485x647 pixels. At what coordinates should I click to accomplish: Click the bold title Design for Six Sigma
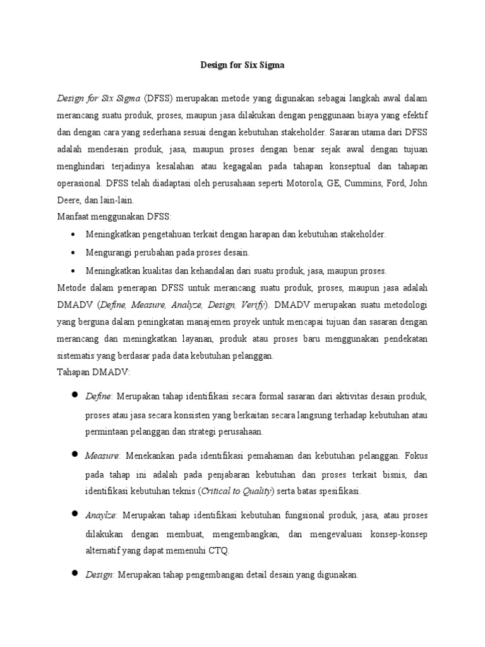click(x=242, y=64)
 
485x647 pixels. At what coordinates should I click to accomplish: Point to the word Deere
click(x=69, y=201)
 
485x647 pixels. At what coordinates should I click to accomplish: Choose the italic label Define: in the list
click(x=99, y=396)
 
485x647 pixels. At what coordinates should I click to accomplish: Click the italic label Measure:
click(x=103, y=455)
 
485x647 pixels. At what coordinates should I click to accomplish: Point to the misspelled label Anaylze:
click(x=102, y=516)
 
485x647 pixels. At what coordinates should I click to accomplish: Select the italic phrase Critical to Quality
click(x=237, y=490)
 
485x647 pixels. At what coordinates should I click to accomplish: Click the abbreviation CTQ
click(x=219, y=550)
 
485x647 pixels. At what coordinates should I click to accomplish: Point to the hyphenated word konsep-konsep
click(x=396, y=534)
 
